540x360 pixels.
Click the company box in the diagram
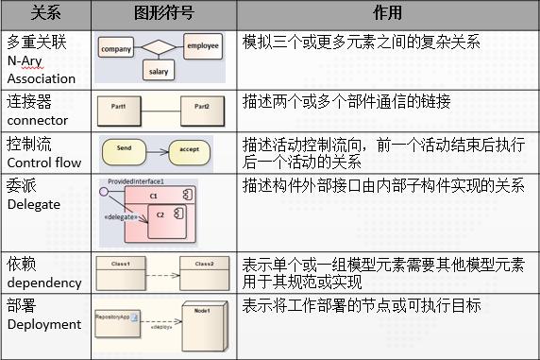pyautogui.click(x=115, y=48)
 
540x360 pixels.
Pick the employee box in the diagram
pyautogui.click(x=201, y=45)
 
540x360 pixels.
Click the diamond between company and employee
pyautogui.click(x=158, y=45)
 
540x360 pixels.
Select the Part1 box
pyautogui.click(x=123, y=108)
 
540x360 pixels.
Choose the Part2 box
pyautogui.click(x=200, y=108)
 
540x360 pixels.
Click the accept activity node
pyautogui.click(x=188, y=148)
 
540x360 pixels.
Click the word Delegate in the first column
pyautogui.click(x=33, y=203)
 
